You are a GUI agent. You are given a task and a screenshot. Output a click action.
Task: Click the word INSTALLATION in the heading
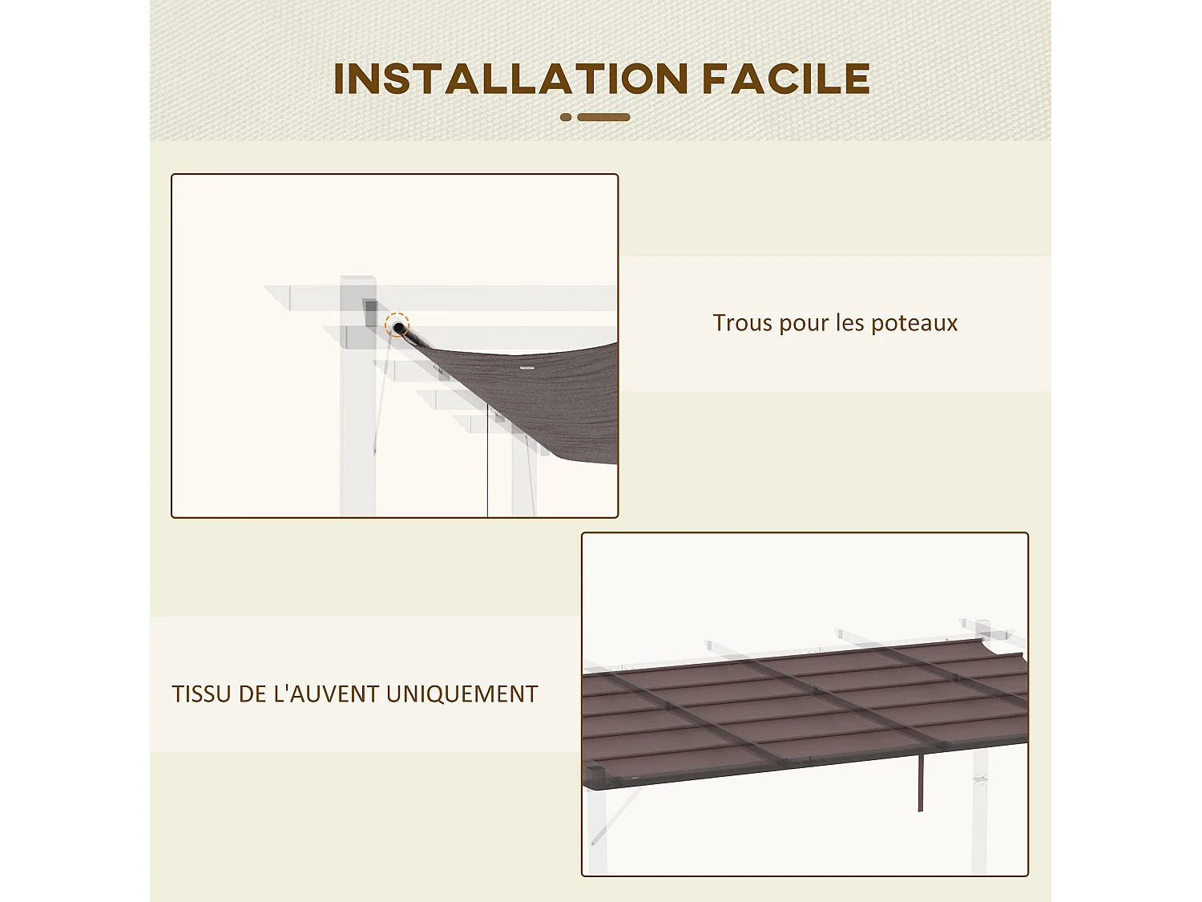pos(510,79)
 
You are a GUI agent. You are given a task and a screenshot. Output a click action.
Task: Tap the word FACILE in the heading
pos(785,79)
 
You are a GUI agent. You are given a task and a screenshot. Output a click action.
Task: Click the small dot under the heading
pos(566,117)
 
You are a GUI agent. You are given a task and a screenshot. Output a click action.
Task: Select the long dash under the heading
pos(603,117)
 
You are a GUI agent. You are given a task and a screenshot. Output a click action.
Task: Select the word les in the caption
pos(849,322)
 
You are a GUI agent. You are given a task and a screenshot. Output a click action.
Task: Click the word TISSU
pos(201,694)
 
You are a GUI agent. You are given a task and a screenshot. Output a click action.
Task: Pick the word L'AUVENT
pos(326,694)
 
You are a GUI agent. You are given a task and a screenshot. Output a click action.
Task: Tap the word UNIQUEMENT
pos(462,694)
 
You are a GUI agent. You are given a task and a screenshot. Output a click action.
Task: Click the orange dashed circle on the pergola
pos(397,326)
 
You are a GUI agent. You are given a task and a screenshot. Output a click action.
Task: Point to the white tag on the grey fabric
pos(526,368)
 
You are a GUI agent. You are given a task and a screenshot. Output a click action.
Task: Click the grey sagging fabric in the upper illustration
pos(553,401)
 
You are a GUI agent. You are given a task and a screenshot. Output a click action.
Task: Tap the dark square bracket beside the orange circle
pos(370,312)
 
